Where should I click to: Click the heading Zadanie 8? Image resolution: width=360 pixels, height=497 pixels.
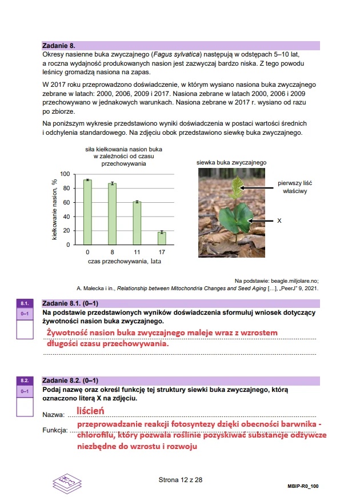tap(59, 45)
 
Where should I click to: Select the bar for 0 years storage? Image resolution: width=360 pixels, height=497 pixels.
tap(87, 212)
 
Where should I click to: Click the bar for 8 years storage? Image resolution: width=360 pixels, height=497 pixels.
tap(113, 214)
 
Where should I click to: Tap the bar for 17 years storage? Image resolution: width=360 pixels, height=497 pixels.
tap(162, 238)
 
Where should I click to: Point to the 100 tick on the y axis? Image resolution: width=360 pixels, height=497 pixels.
tap(65, 174)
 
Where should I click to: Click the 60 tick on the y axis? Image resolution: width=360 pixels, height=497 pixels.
tap(66, 203)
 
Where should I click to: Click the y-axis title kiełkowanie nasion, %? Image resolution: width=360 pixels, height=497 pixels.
tap(55, 209)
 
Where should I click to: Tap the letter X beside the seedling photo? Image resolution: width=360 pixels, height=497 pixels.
tap(279, 220)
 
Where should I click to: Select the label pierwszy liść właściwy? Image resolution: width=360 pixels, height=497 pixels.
tap(295, 187)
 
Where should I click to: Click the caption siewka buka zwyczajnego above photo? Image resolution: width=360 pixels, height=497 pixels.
tap(231, 163)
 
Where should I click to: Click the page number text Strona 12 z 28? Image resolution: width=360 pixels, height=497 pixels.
tap(181, 480)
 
